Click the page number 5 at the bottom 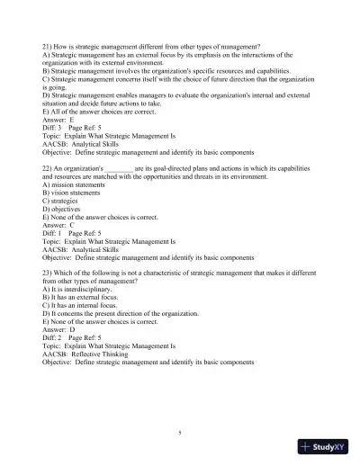point(180,433)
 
